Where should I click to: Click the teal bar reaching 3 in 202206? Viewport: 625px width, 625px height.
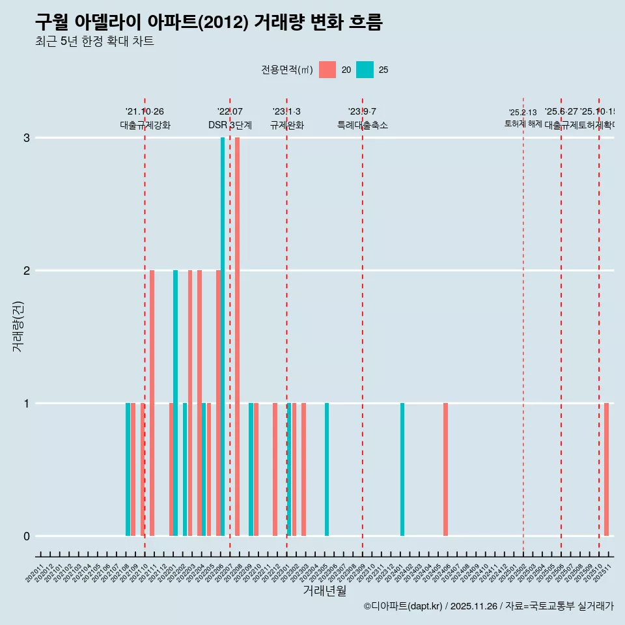[x=223, y=337]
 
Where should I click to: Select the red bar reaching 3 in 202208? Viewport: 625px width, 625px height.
[x=237, y=337]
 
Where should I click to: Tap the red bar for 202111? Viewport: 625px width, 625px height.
[x=152, y=403]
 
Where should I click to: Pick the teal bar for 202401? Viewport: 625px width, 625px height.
[x=402, y=469]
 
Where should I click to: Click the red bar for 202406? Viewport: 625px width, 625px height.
[x=445, y=469]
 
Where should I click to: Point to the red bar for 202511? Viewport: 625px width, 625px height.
[x=606, y=469]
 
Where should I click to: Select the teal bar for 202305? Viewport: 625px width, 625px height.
[x=327, y=469]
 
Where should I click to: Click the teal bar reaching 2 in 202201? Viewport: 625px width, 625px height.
[x=175, y=403]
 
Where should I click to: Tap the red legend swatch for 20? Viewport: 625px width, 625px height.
[x=327, y=70]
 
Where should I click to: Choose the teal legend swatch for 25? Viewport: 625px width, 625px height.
[x=365, y=70]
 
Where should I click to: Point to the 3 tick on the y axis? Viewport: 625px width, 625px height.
[x=27, y=138]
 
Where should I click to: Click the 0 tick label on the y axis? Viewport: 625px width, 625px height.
[x=27, y=536]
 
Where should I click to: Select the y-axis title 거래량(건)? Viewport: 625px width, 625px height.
[x=18, y=326]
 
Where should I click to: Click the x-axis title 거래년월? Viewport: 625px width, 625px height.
[x=324, y=590]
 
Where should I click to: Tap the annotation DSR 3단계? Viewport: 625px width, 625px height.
[x=230, y=125]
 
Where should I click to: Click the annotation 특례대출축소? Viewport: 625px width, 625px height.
[x=363, y=125]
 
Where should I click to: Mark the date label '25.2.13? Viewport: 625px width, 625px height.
[x=523, y=113]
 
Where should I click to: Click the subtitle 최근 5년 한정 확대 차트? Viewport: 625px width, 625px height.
[x=94, y=42]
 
